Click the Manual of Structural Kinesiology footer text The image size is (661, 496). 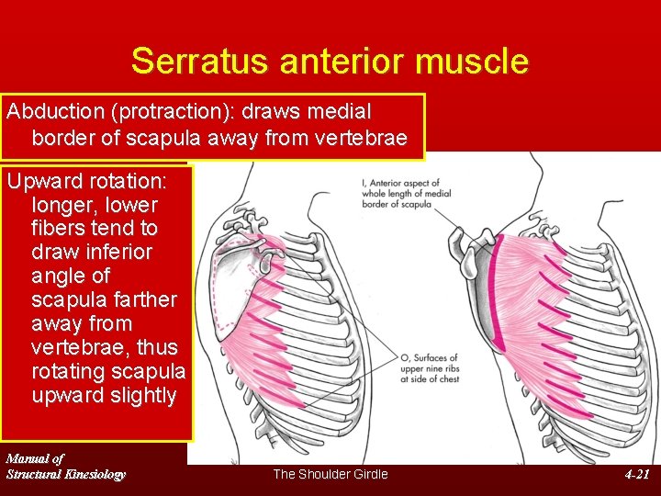click(65, 466)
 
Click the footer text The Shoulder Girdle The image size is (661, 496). click(330, 474)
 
